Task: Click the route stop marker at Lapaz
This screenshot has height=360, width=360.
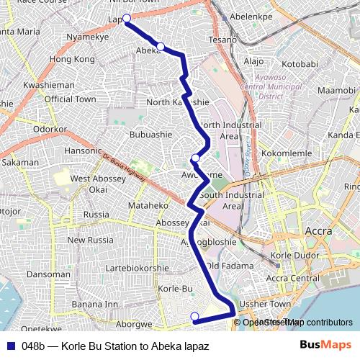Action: click(127, 19)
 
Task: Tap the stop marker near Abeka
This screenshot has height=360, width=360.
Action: click(161, 47)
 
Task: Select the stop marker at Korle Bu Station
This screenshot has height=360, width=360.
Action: click(194, 316)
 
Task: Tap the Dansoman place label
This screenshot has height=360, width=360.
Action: click(48, 274)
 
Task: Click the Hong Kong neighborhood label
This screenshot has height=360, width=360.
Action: click(73, 58)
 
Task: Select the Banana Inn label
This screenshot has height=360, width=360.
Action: click(94, 304)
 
